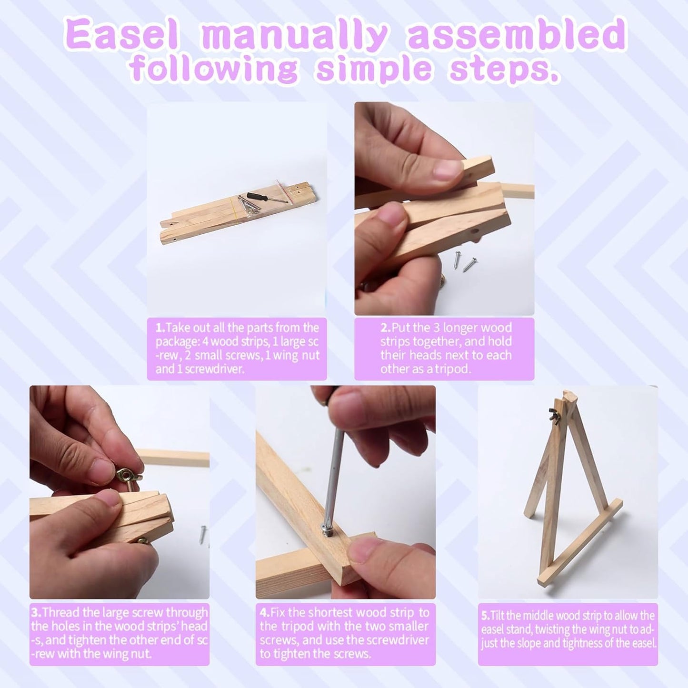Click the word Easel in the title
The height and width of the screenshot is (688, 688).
click(121, 38)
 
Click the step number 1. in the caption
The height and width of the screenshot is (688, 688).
click(160, 328)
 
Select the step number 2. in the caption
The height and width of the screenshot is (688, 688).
click(386, 328)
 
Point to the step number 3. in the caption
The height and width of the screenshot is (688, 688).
click(36, 613)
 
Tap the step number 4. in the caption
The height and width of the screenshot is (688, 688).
click(265, 613)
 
